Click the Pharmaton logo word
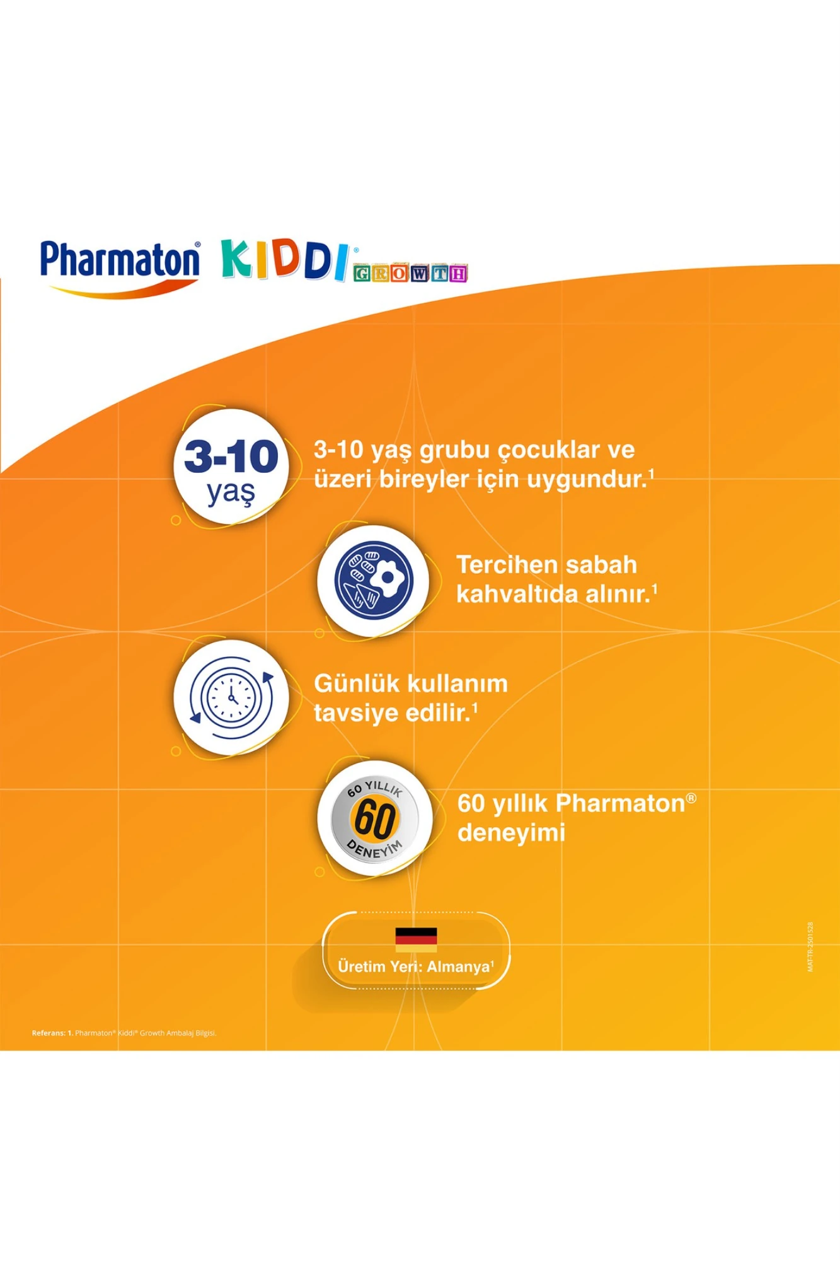pos(120,260)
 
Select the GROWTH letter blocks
pos(410,274)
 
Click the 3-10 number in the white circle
pos(231,456)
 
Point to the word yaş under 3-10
pos(231,492)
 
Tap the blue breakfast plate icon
pos(374,580)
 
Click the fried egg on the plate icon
pos(388,578)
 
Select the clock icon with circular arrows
pos(231,698)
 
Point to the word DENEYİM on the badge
pos(375,849)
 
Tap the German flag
pos(416,939)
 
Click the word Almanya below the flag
pos(458,967)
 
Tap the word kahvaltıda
pos(513,595)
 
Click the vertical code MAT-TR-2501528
pos(810,947)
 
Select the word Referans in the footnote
pos(49,1033)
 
